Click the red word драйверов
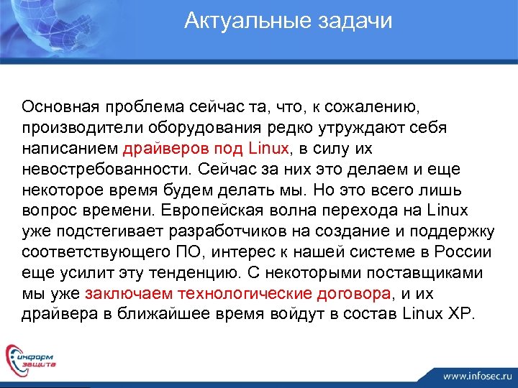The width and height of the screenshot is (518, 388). coord(165,149)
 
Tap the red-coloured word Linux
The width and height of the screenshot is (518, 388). coord(267,149)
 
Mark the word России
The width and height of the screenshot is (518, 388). coord(468,253)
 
